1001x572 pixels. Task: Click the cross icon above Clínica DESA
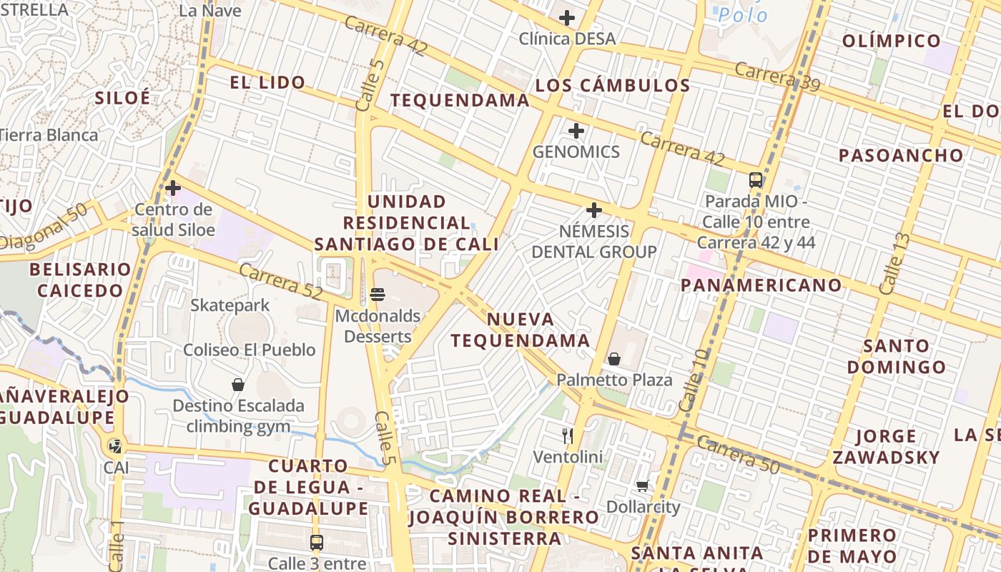567,18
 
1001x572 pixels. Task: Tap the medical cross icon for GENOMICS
576,131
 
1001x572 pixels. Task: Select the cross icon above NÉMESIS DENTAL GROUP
593,210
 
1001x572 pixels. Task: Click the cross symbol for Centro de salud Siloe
173,188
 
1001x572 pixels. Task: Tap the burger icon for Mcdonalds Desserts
378,294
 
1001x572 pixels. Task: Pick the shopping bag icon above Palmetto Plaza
614,359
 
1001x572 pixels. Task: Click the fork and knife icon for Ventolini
568,435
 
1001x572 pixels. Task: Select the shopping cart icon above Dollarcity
643,486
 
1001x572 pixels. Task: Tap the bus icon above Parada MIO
756,179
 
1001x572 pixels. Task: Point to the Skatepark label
230,305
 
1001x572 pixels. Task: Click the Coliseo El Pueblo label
250,350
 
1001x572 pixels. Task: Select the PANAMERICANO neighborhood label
761,285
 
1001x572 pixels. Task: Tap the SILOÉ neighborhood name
123,98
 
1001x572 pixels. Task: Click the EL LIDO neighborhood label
267,82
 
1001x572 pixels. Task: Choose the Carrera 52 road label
280,282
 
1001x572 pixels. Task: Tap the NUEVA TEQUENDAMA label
521,330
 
